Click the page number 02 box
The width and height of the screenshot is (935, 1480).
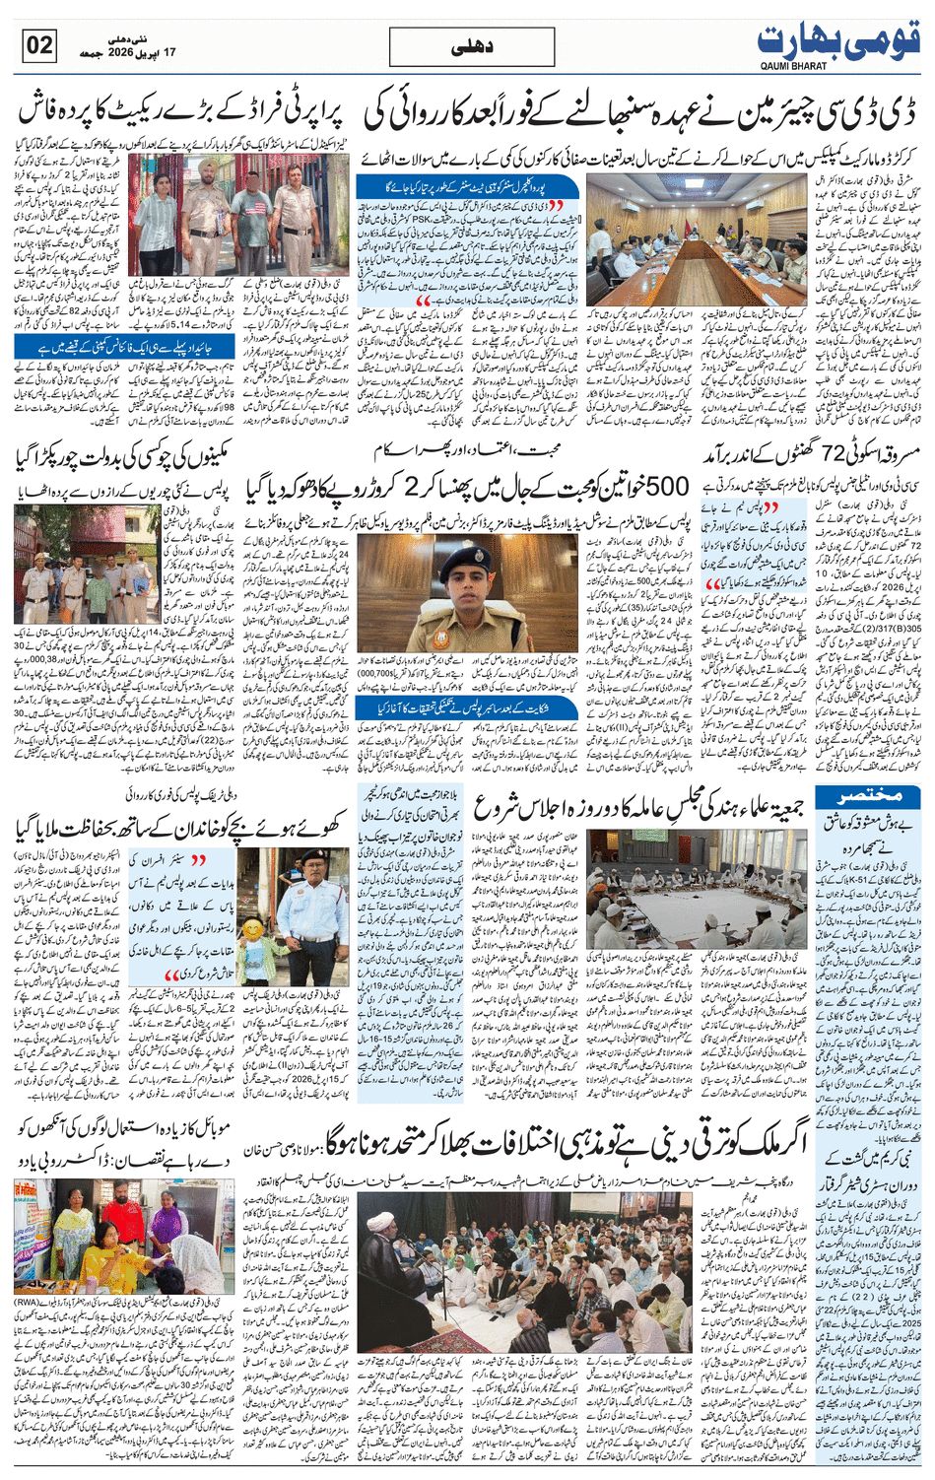tap(39, 44)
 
